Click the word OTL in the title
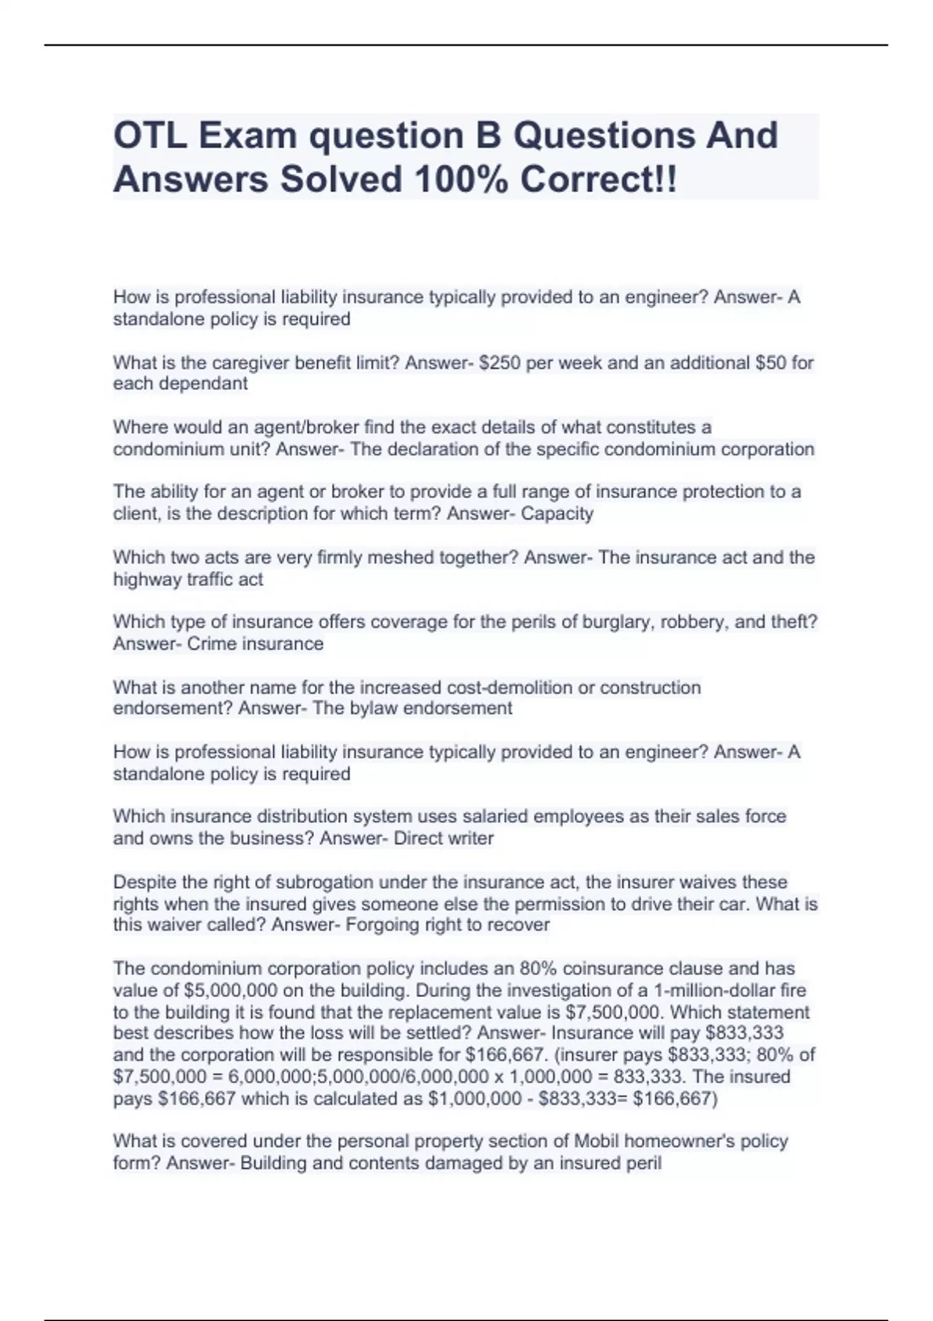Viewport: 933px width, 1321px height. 149,136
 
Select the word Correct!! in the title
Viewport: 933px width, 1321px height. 599,180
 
